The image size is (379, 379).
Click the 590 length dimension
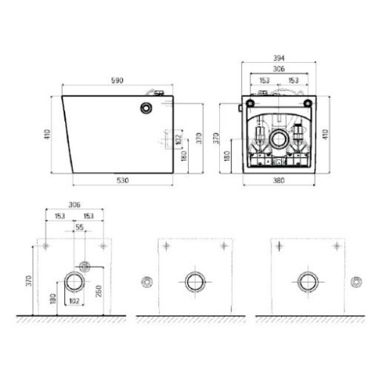pos(117,80)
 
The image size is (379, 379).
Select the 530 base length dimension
pos(123,180)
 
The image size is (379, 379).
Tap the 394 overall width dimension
pos(279,58)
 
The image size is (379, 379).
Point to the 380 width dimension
pos(278,180)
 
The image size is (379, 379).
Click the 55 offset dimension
pos(80,227)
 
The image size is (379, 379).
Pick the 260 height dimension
pos(99,291)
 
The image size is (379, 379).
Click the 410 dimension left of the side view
pos(48,134)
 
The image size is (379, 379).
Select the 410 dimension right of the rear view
pos(325,134)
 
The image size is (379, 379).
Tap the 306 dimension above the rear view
pos(279,69)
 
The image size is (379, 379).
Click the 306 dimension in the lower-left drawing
pos(74,205)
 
